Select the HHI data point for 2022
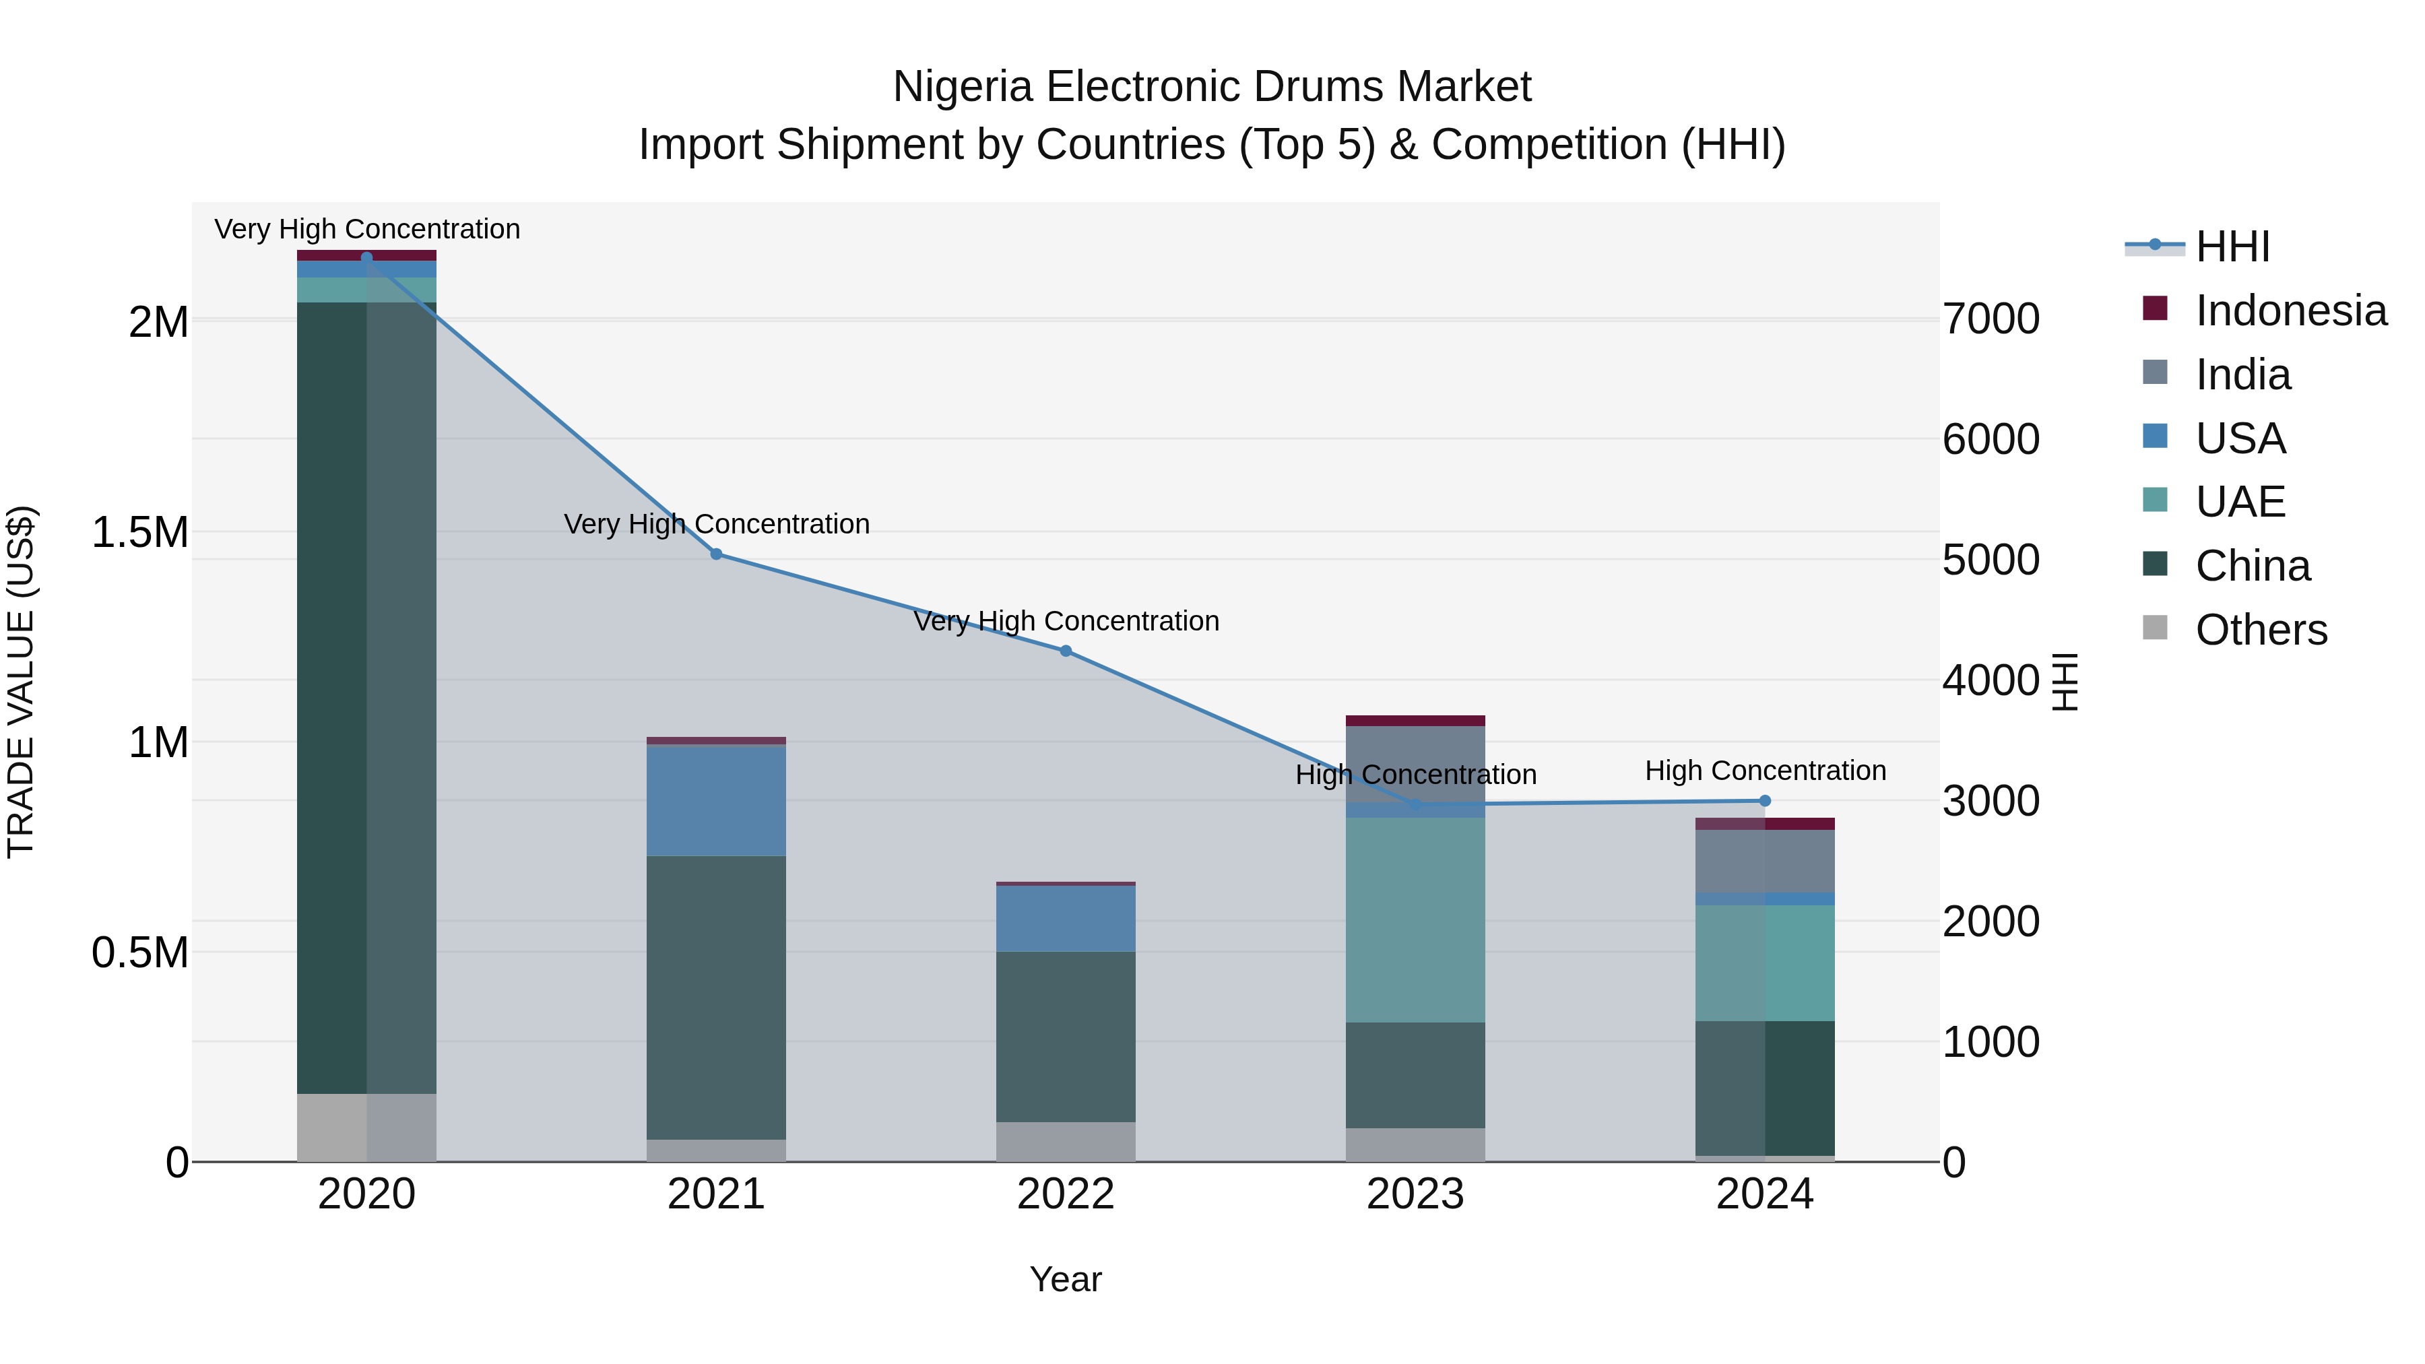(x=1066, y=651)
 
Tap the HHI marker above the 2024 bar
(x=1765, y=801)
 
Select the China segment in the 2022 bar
(x=1066, y=1035)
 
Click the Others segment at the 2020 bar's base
(x=366, y=1127)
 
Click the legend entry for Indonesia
(x=2290, y=311)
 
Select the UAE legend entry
(x=2240, y=502)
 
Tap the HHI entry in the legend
(x=2232, y=247)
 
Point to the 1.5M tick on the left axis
(x=139, y=533)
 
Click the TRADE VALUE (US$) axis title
(x=21, y=682)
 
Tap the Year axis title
(x=1065, y=1279)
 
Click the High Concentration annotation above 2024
(x=1765, y=771)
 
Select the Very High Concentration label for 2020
(x=367, y=230)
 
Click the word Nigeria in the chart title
(x=962, y=87)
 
